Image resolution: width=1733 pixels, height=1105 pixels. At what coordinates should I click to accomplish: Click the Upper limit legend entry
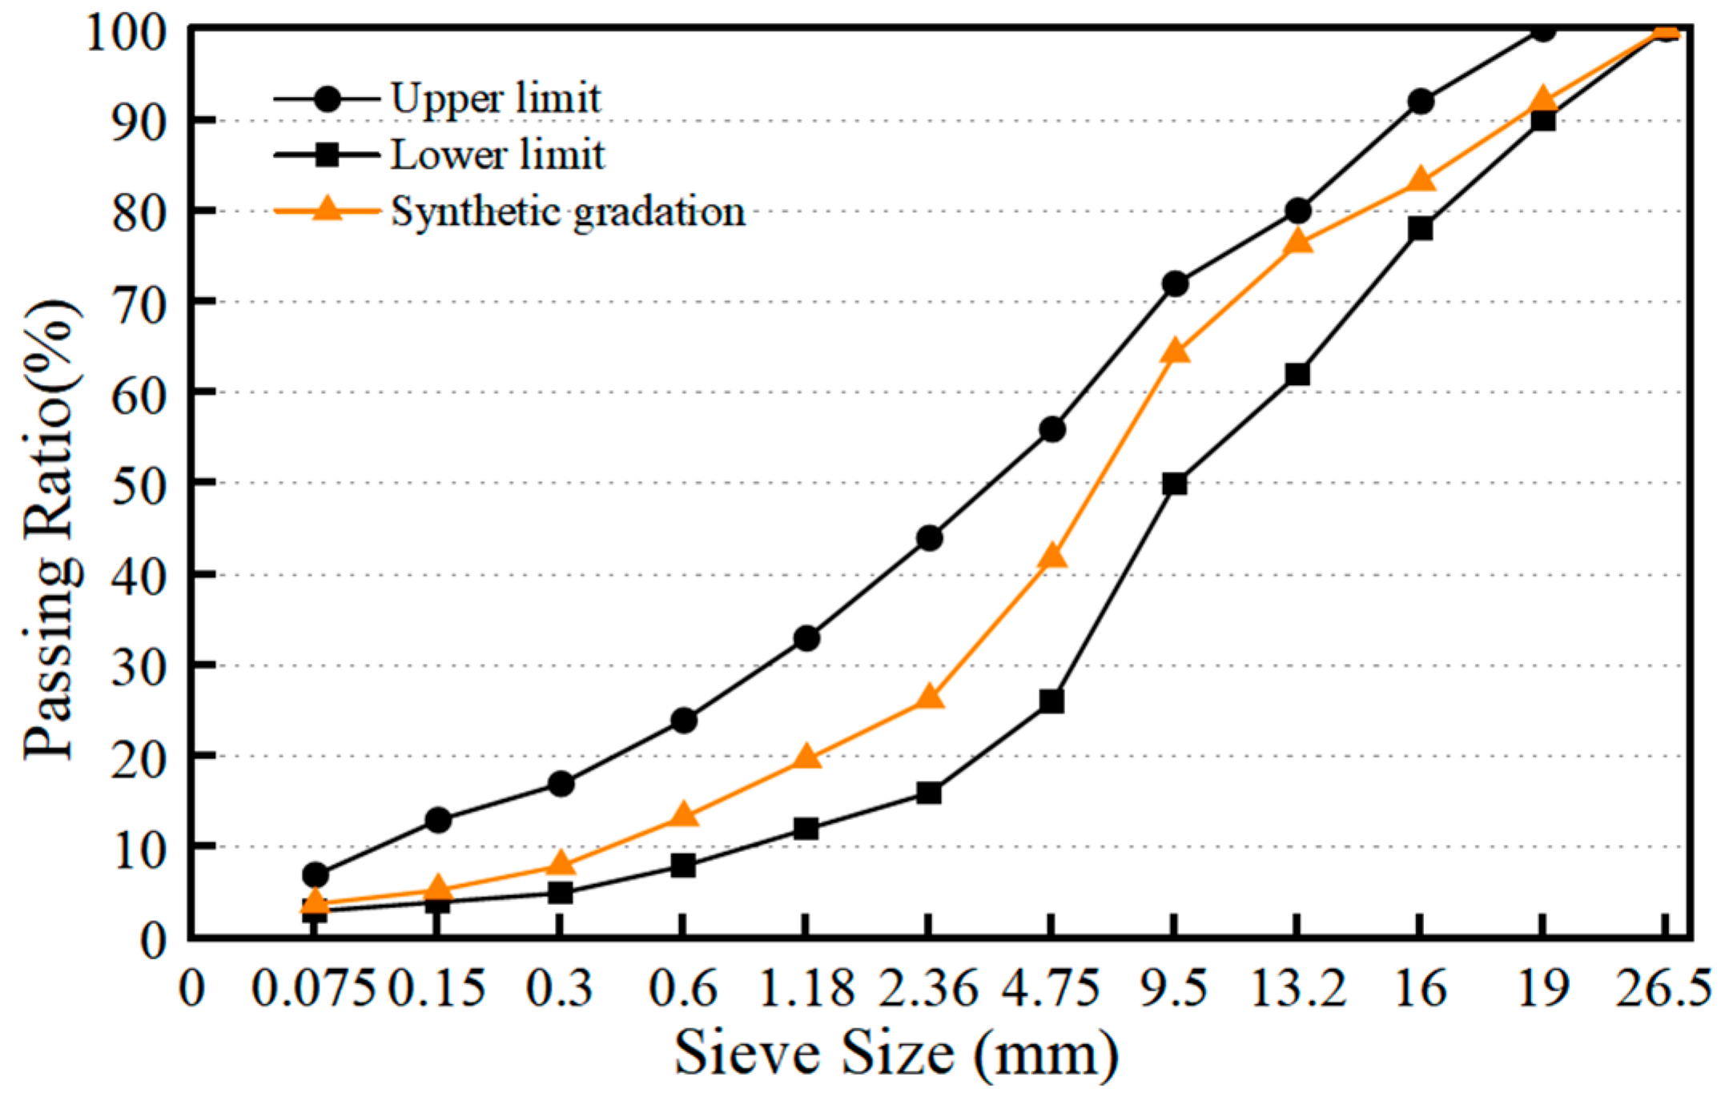[495, 98]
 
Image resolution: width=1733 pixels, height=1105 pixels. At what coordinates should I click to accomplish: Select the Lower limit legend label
[497, 155]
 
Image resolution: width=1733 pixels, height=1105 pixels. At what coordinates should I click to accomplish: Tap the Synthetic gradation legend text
[567, 211]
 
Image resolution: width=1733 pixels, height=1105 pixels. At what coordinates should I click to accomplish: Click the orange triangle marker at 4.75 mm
[1051, 556]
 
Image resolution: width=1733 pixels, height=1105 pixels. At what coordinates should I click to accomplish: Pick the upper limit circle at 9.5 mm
[1175, 284]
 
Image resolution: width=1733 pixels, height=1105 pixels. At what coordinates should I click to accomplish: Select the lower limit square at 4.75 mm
[1051, 701]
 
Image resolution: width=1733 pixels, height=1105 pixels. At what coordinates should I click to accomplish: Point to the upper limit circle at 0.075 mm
[316, 874]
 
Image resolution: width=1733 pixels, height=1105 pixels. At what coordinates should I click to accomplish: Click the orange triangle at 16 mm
[1421, 179]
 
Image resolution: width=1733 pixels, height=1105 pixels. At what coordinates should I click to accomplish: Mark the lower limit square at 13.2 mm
[1297, 374]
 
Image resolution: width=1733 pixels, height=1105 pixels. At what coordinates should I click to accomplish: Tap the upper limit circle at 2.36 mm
[929, 538]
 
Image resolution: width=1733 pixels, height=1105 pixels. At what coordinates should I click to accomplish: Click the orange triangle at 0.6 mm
[683, 815]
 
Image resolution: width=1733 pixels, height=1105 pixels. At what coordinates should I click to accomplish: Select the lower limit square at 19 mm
[1543, 120]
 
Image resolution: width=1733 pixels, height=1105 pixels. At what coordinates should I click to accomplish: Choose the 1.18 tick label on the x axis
[806, 988]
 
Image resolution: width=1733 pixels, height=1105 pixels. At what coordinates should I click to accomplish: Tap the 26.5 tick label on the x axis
[1663, 988]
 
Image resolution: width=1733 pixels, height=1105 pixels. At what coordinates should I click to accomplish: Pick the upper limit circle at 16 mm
[1421, 102]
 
